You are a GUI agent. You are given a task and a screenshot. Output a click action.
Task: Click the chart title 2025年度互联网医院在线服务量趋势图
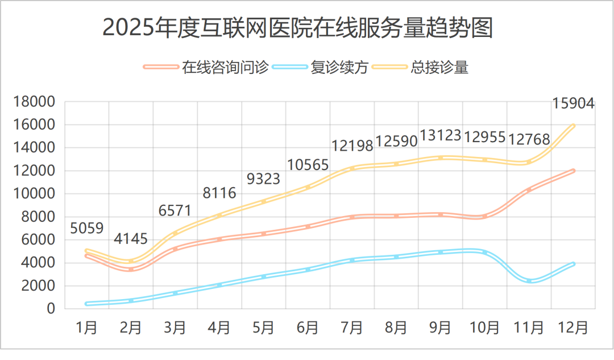pos(297,28)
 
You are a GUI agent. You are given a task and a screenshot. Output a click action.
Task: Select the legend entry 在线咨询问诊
pos(225,67)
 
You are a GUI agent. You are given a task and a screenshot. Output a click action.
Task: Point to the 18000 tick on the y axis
pos(35,102)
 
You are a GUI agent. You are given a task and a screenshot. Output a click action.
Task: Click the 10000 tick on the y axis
pos(35,194)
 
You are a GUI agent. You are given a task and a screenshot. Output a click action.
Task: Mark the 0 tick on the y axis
pos(51,309)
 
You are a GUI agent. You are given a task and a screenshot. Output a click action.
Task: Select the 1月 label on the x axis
pos(87,328)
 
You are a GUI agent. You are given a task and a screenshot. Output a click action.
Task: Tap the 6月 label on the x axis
pos(308,328)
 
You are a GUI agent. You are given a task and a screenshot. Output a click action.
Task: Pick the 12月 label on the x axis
pos(572,328)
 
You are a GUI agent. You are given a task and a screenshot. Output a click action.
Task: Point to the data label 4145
pos(131,239)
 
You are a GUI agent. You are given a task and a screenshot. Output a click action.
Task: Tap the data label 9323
pos(263,179)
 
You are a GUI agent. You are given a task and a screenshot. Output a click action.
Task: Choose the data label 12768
pos(529,139)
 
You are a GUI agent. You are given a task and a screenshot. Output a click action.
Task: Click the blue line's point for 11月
pos(529,281)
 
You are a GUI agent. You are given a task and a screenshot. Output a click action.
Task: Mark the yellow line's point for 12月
pos(573,126)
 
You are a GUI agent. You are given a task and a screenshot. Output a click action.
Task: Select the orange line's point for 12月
pos(573,171)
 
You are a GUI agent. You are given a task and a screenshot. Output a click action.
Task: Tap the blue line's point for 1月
pos(87,304)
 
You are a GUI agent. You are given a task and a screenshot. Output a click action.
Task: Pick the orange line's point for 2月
pos(131,269)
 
